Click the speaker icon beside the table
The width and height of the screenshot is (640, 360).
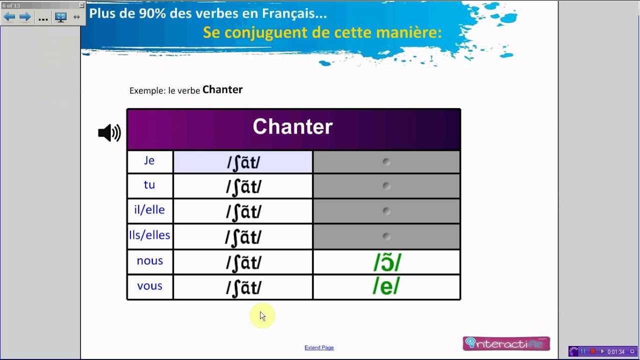point(109,133)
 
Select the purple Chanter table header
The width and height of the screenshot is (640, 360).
point(293,128)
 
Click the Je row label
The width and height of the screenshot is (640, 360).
point(149,161)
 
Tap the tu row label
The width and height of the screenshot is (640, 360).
point(149,185)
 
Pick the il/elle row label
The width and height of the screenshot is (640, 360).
point(149,210)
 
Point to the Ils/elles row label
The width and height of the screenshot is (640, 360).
point(149,235)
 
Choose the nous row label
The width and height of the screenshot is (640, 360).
point(149,261)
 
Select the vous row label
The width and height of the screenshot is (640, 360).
point(149,286)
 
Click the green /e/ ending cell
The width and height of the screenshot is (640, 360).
point(386,287)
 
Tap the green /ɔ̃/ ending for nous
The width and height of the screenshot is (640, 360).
point(386,262)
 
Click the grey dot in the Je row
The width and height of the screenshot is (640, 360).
point(386,161)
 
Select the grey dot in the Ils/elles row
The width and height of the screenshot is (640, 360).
point(386,236)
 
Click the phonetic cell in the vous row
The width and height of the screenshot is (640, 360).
point(243,287)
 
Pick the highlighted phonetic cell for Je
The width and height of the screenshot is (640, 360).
point(243,162)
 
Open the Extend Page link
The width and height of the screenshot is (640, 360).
point(319,347)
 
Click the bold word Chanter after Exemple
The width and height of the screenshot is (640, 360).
point(222,90)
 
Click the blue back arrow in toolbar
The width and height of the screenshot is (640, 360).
point(9,17)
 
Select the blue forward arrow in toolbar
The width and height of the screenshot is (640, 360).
point(25,17)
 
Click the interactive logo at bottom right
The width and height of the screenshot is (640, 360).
point(506,343)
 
